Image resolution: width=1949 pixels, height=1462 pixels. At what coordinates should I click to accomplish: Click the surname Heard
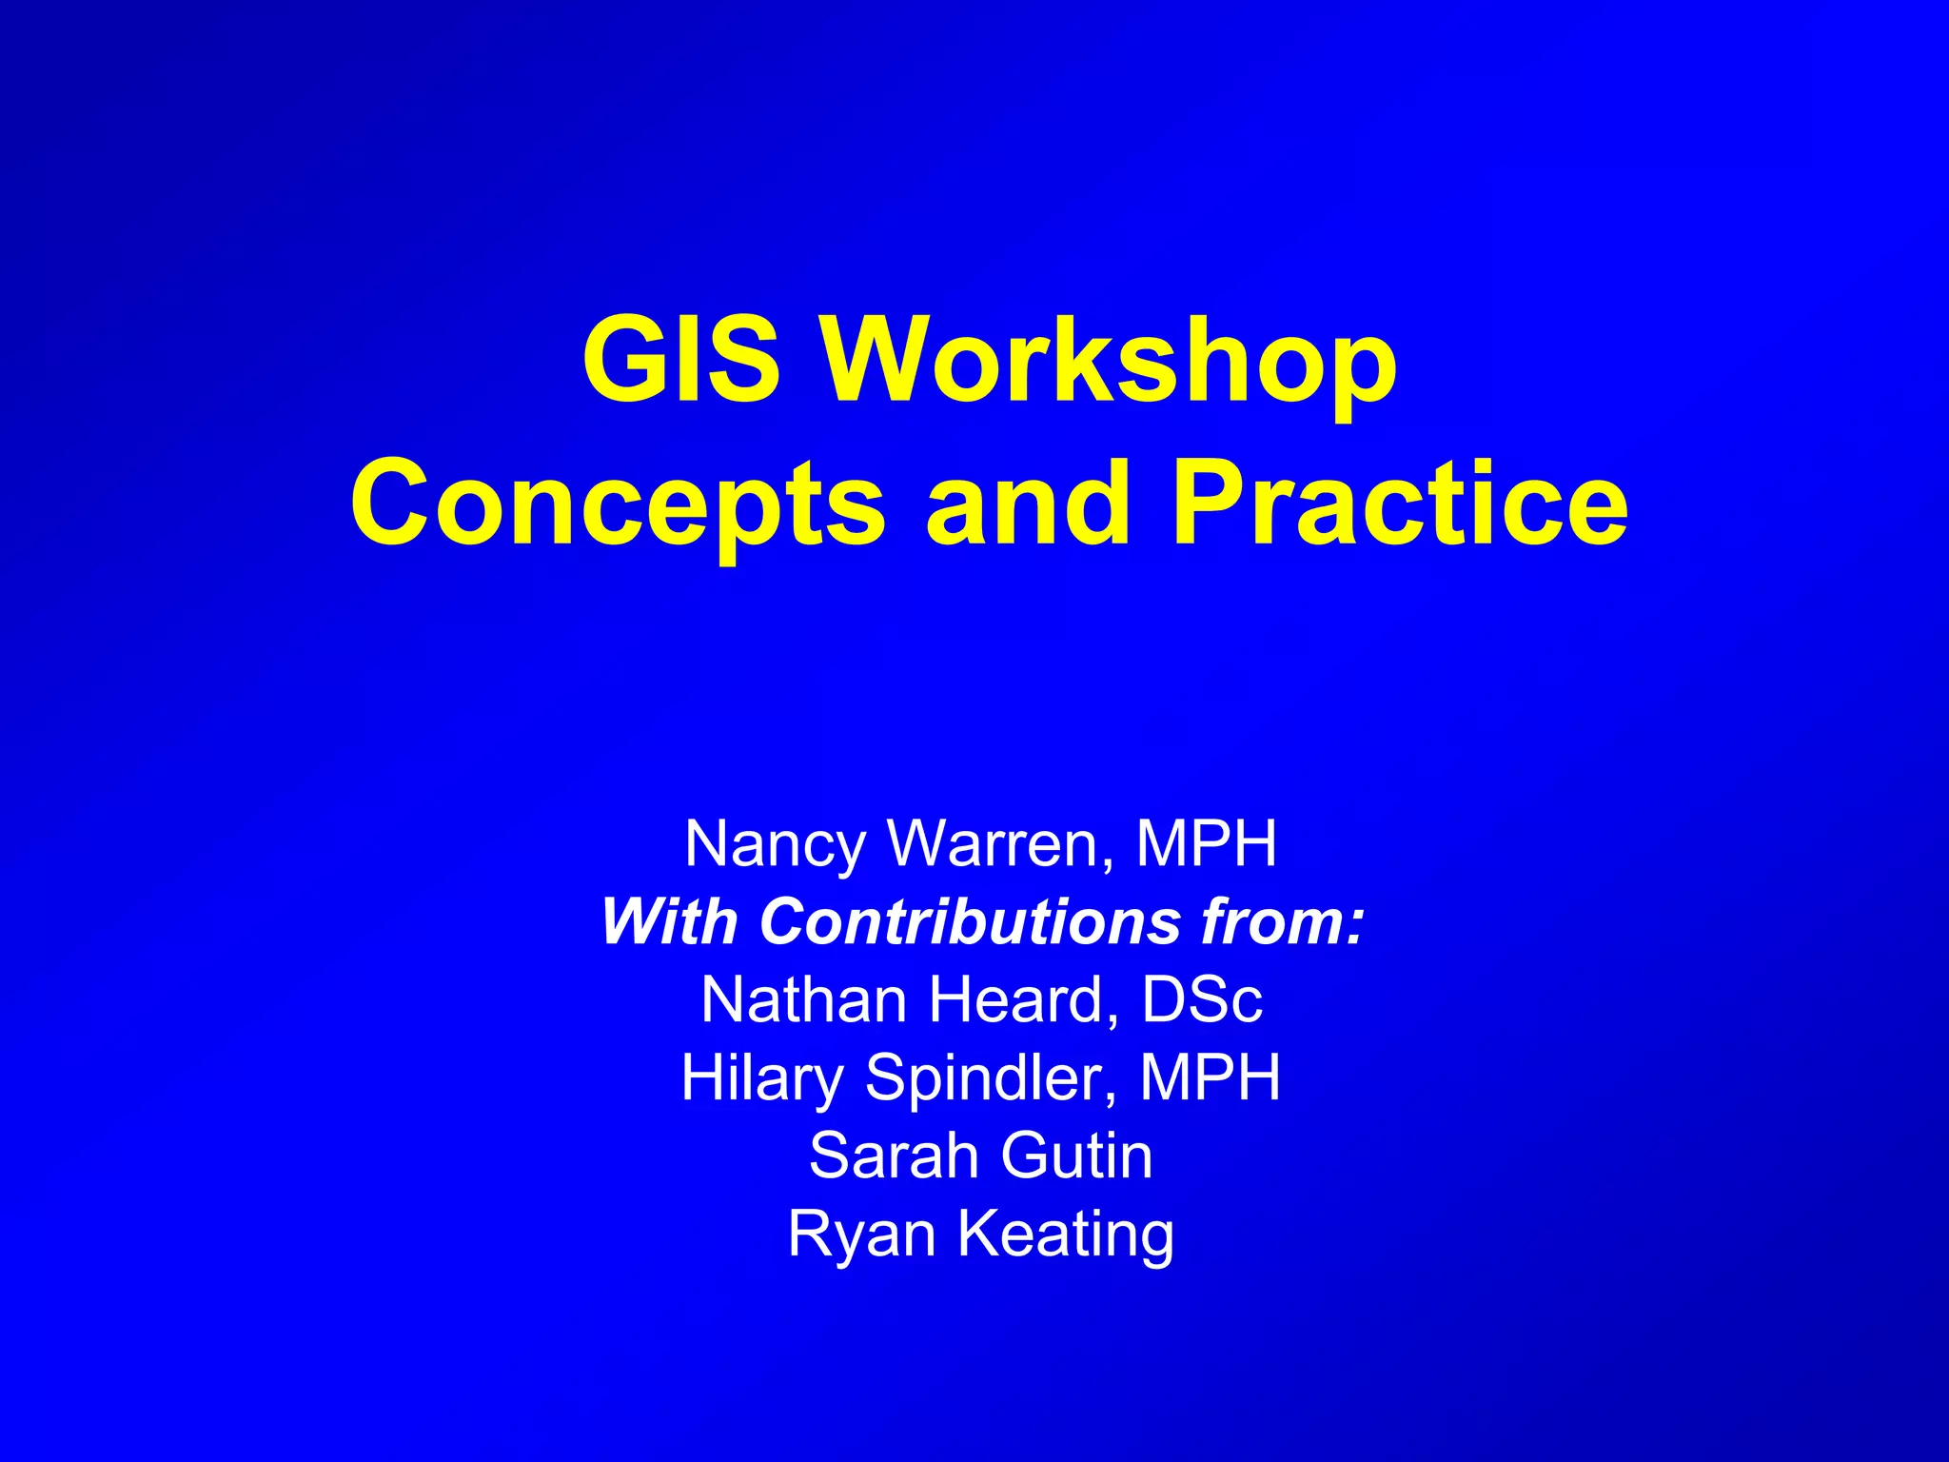click(x=1023, y=1000)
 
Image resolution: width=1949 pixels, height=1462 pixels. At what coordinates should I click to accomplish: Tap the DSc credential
click(x=1202, y=1000)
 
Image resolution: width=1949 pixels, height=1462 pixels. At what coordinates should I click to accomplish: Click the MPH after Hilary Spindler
click(x=1210, y=1077)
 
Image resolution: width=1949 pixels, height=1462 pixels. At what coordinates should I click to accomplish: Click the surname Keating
click(x=1065, y=1235)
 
